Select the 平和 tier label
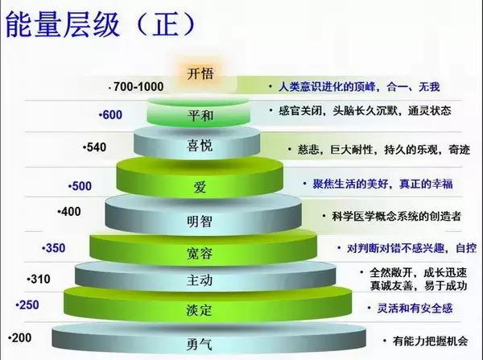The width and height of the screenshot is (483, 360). (200, 115)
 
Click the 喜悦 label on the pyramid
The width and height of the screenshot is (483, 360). (200, 147)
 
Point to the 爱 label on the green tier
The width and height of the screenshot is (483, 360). (200, 187)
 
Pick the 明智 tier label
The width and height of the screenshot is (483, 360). (200, 220)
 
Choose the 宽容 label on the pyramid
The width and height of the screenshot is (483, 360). (200, 251)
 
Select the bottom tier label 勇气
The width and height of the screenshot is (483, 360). (200, 344)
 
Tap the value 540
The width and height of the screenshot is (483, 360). (95, 148)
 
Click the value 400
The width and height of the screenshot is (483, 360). (71, 211)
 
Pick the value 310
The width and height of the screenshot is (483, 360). (39, 279)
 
